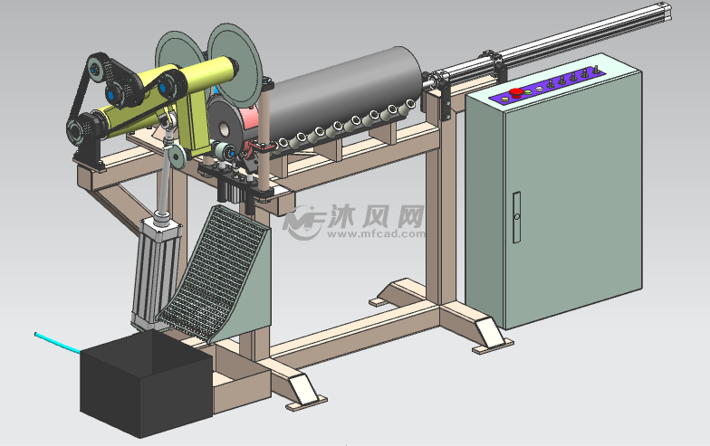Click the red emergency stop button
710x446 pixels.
pos(516,92)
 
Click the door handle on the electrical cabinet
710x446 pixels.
pos(516,217)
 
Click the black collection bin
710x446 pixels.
pos(146,383)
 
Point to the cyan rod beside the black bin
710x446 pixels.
pos(57,342)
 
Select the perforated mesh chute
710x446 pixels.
pos(212,270)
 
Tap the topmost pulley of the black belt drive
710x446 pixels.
pos(98,68)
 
